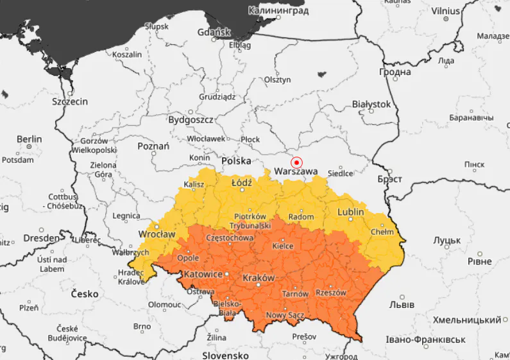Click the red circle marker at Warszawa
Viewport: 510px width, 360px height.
click(x=296, y=162)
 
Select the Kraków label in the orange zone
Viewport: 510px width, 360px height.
click(x=259, y=278)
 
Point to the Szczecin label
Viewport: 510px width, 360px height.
click(x=69, y=101)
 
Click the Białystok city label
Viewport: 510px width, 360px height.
click(x=371, y=104)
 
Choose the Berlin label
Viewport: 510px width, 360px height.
click(x=29, y=139)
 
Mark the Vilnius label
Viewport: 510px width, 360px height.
click(x=446, y=10)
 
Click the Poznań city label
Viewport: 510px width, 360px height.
click(x=153, y=146)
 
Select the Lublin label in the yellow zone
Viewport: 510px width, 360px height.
click(x=351, y=212)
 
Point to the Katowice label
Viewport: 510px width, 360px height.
click(x=203, y=274)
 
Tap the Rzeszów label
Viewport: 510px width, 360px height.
click(x=331, y=293)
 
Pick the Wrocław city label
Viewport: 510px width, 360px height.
click(x=157, y=234)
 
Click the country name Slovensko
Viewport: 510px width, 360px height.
click(x=225, y=355)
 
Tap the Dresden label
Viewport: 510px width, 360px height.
click(x=42, y=237)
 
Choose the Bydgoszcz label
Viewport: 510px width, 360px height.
click(x=191, y=120)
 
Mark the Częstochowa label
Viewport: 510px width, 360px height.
click(x=229, y=237)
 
